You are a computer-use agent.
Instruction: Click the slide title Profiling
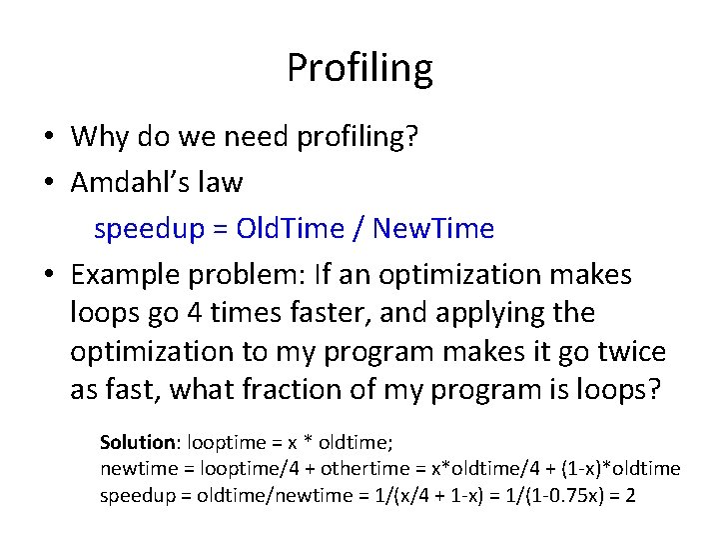(x=359, y=68)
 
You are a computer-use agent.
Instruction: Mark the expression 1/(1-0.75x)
(x=553, y=495)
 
